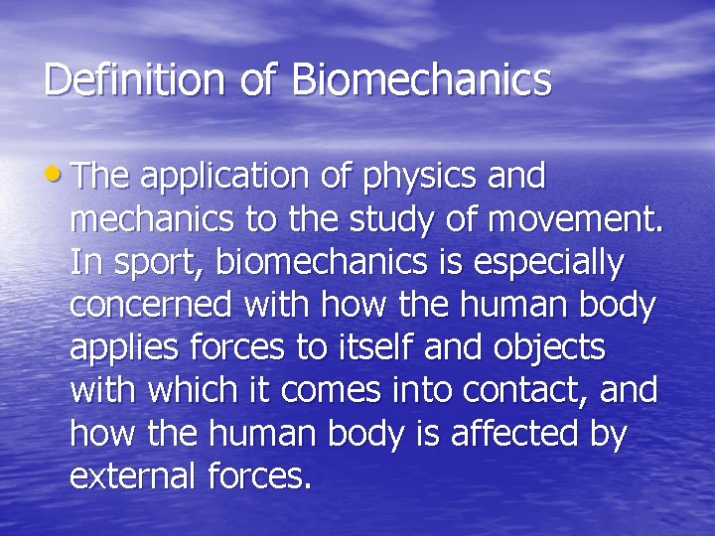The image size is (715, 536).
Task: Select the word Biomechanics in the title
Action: pos(421,80)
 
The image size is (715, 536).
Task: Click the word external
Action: pos(134,476)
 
